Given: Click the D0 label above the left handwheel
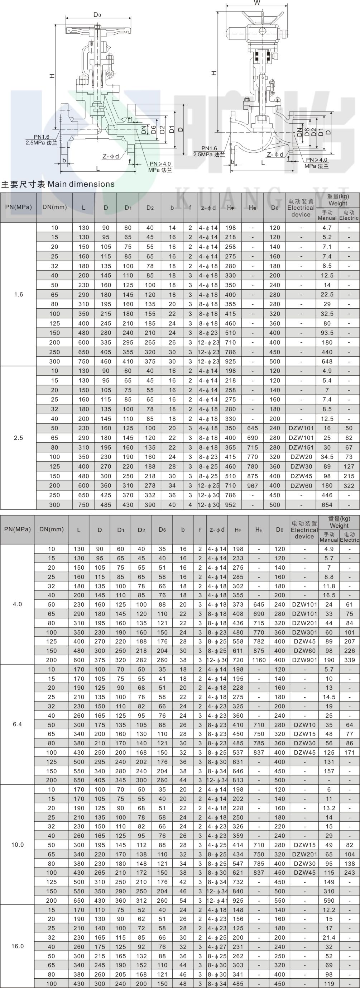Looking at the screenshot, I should pos(97,15).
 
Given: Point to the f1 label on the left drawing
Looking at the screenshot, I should pos(130,119).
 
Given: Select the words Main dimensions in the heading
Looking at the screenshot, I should pos(81,184).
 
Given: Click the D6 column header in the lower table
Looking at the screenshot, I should pos(162,529).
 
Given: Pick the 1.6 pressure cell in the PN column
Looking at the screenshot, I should pos(18,295).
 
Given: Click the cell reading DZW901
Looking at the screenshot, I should pos(304,660).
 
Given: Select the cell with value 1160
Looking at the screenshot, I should pos(259,660).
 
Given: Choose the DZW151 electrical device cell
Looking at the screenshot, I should pos(301,447).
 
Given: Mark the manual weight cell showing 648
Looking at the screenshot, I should pos(327,361).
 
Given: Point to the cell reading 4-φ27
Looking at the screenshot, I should pos(217,946).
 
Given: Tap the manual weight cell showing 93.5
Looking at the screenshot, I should pos(327,333).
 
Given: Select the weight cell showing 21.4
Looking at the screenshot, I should pos(329,937).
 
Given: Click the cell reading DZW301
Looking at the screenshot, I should pos(304,632).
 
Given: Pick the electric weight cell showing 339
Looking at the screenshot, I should pos(349,660).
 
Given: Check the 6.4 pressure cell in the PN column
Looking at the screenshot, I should pos(17,725).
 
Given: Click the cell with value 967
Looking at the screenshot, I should pos(253,485).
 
